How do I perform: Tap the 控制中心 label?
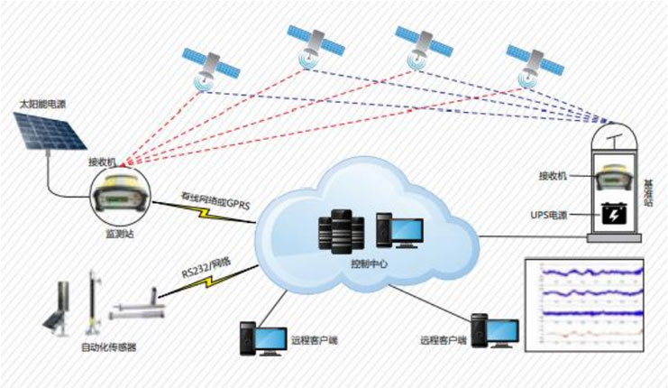(x=367, y=271)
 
